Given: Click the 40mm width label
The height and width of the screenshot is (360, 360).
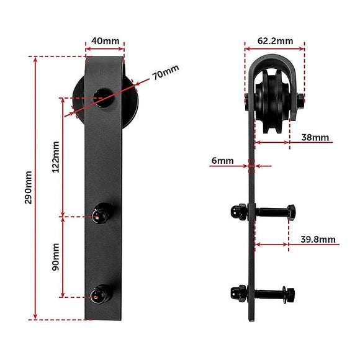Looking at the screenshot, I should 105,41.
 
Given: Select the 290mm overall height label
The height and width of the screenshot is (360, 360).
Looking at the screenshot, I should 28,187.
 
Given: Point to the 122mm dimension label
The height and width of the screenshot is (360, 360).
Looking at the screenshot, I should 56,158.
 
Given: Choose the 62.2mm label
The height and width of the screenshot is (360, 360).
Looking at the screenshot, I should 275,41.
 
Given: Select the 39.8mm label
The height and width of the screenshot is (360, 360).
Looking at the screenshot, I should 318,239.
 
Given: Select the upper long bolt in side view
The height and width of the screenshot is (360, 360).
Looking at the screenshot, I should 267,211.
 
